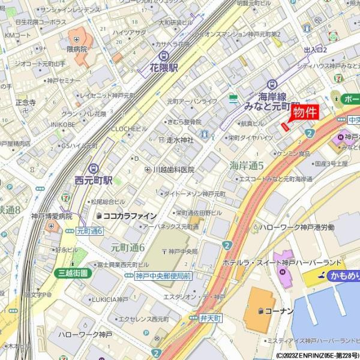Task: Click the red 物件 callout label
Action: click(304, 112)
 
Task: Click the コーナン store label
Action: click(277, 311)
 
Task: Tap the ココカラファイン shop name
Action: click(130, 216)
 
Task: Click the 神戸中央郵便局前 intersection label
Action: click(163, 276)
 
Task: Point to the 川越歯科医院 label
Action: click(173, 170)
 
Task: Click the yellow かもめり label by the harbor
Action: click(341, 276)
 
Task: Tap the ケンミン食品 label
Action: click(293, 154)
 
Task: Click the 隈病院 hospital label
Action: click(77, 49)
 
